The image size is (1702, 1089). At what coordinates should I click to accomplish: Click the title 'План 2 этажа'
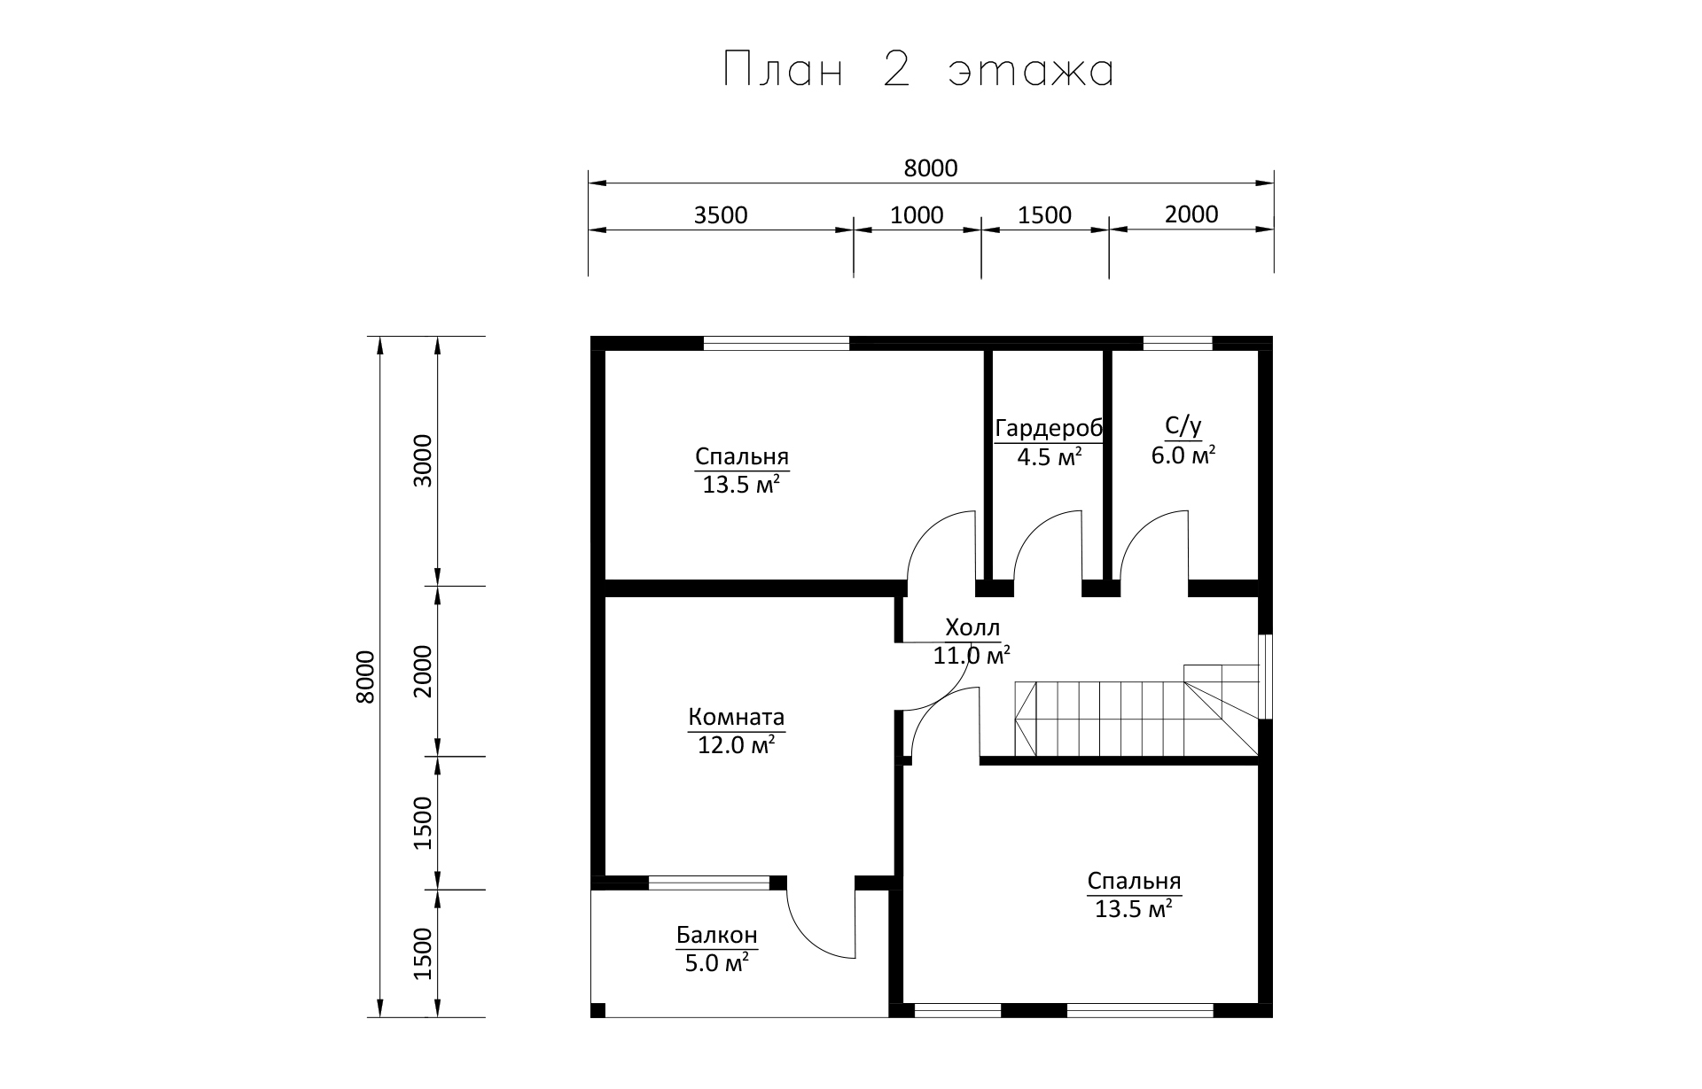tap(918, 70)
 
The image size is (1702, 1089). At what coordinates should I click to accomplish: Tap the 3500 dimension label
tap(721, 215)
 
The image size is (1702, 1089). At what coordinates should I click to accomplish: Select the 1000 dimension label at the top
tap(917, 215)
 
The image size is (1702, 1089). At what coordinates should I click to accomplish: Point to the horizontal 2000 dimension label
tap(1191, 214)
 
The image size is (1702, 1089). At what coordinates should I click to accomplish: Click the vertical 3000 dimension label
tap(423, 460)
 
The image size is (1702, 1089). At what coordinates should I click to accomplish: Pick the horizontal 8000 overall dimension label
tap(931, 168)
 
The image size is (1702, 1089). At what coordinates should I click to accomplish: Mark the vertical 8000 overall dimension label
tap(365, 677)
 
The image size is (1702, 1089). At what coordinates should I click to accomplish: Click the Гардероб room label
tap(1050, 429)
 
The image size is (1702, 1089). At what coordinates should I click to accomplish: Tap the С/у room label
tap(1183, 427)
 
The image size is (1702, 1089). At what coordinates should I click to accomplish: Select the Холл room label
tap(972, 628)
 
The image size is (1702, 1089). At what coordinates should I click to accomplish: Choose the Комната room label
tap(737, 716)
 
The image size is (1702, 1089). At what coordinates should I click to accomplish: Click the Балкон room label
tap(717, 935)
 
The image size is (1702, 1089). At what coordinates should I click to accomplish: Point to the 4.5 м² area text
tap(1050, 457)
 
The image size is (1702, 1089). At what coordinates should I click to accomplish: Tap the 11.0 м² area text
tap(972, 656)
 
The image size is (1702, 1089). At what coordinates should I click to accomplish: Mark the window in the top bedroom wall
tap(777, 344)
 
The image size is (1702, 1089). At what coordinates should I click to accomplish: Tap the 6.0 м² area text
tap(1183, 456)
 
